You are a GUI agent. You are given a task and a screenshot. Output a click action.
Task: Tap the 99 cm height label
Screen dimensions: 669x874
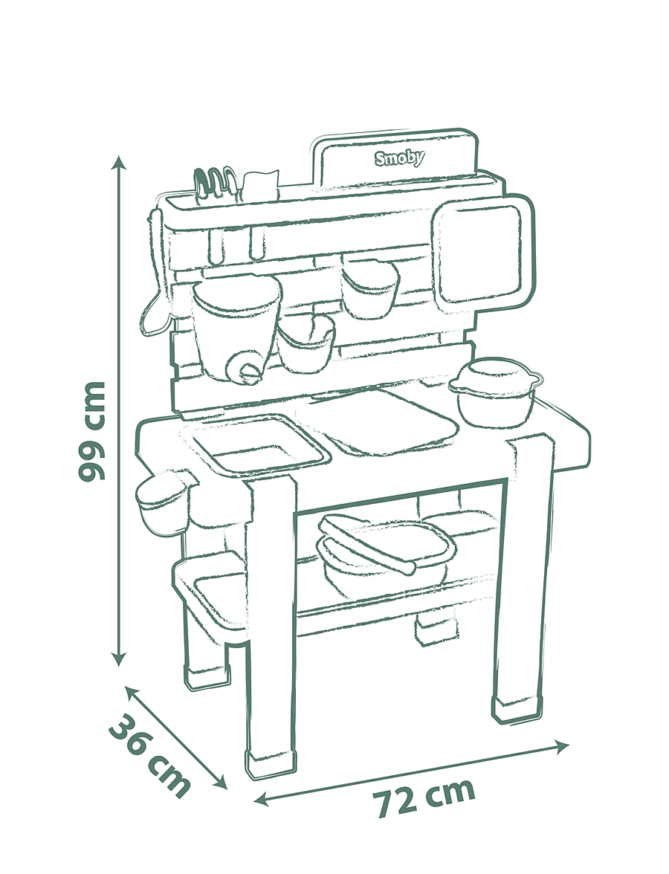click(x=91, y=431)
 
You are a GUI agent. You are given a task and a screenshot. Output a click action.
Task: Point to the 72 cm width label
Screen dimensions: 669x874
click(x=424, y=797)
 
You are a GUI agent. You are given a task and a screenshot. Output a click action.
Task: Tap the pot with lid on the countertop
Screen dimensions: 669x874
click(x=496, y=392)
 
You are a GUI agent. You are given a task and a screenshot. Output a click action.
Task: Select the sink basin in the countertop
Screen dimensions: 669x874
click(x=259, y=445)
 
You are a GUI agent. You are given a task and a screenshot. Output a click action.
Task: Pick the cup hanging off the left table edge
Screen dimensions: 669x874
click(x=163, y=502)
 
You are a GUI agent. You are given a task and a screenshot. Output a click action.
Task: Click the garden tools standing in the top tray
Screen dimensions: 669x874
click(x=214, y=184)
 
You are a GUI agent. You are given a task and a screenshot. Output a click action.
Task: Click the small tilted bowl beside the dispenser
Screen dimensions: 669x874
click(x=307, y=343)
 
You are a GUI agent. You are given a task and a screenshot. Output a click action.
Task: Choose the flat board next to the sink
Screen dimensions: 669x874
click(x=385, y=420)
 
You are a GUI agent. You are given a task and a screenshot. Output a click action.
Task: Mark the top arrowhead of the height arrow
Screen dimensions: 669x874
click(x=118, y=162)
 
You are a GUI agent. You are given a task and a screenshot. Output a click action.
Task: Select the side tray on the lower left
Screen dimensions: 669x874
click(x=208, y=592)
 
